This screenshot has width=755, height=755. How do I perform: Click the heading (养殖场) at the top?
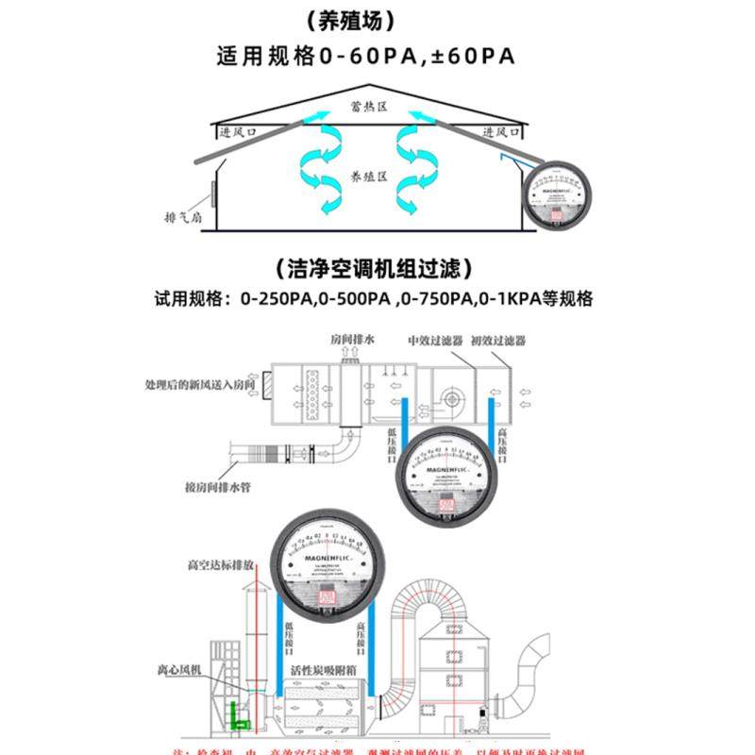click(377, 20)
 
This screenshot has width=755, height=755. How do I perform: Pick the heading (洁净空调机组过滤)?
click(377, 268)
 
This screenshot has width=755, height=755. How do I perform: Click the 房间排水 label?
click(353, 339)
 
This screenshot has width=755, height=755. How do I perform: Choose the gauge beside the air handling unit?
click(455, 478)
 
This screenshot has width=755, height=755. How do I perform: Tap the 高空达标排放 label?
click(220, 565)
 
